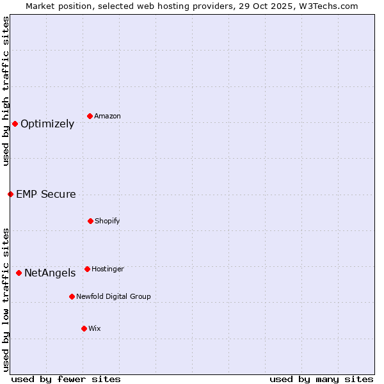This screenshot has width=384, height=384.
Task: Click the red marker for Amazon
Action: (x=90, y=116)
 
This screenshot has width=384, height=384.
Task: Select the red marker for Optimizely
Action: (x=15, y=124)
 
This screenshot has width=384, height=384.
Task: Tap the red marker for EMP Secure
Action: (x=10, y=194)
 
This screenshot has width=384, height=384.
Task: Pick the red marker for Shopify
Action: (x=90, y=221)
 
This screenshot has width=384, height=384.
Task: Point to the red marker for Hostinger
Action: (x=87, y=269)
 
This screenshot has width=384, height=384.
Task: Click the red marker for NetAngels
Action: (x=19, y=273)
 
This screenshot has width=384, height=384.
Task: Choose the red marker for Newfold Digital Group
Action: (x=72, y=296)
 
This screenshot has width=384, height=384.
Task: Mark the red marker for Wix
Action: (x=84, y=328)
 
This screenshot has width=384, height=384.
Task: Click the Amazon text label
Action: (x=108, y=116)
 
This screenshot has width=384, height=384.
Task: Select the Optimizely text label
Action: (x=47, y=124)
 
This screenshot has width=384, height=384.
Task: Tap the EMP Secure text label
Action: (x=45, y=194)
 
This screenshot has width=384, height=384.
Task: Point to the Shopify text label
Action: (x=108, y=221)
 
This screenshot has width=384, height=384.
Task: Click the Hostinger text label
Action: (x=108, y=269)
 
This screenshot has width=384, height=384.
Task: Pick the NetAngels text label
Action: (x=50, y=273)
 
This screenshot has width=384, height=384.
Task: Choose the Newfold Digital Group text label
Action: (x=113, y=296)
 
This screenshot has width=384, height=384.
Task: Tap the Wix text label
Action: (x=95, y=328)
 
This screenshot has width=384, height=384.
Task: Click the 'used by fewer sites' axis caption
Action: (x=66, y=379)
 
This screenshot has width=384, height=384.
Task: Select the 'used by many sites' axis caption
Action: (x=321, y=379)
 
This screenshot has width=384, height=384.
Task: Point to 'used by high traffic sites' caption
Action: (x=6, y=91)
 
